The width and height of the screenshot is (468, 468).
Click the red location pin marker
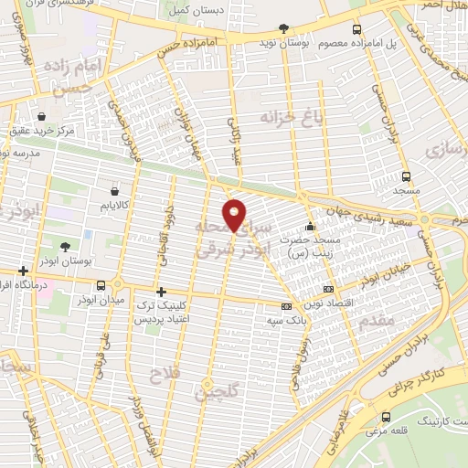tap(235, 215)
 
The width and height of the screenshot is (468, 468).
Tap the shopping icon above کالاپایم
tap(113, 191)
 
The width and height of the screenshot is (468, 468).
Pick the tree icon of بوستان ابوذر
tap(65, 247)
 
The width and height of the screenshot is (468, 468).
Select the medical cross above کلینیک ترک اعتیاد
tap(161, 292)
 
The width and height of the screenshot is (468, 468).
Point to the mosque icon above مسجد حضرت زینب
tap(311, 226)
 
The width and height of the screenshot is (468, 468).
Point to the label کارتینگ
tap(440, 422)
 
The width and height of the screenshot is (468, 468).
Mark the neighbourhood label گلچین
tap(211, 392)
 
